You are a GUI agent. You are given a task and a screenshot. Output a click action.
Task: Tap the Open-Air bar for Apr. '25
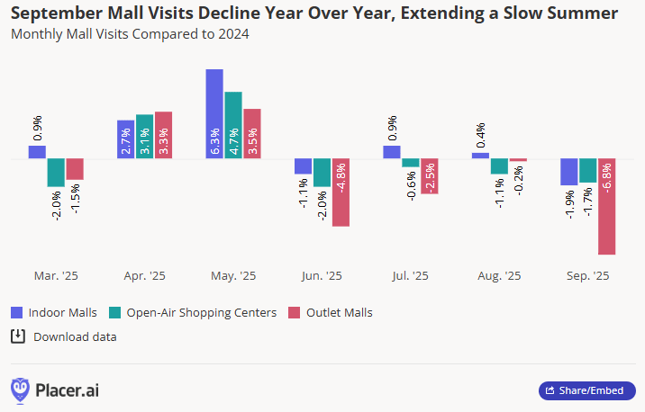point(144,137)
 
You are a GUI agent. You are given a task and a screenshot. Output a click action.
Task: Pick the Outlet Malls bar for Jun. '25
point(341,193)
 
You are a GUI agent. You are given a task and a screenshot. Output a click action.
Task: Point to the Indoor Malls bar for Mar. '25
point(37,152)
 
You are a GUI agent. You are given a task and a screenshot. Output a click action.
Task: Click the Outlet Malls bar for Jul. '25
point(429,176)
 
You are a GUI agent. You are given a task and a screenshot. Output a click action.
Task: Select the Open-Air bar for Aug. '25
point(499,166)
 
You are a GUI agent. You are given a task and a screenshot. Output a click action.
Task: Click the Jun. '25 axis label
point(321,276)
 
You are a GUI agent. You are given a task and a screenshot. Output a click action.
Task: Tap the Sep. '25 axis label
point(587,276)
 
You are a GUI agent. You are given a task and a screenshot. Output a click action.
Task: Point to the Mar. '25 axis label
point(56,276)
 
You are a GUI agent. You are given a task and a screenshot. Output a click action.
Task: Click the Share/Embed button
point(586,390)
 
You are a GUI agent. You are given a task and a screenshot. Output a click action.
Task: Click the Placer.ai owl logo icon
point(20,390)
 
